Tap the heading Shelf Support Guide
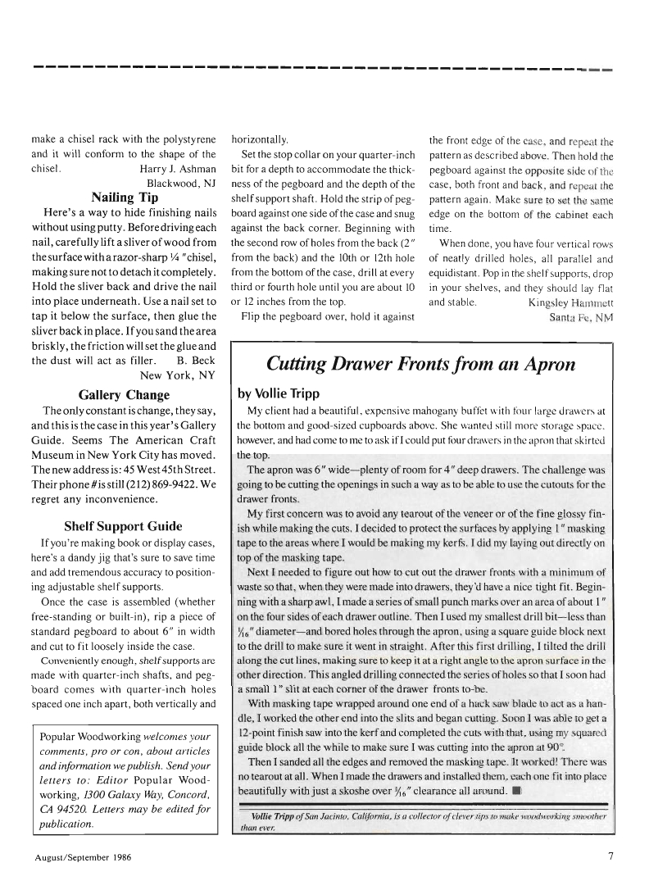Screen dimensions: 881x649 pyautogui.click(x=124, y=526)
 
